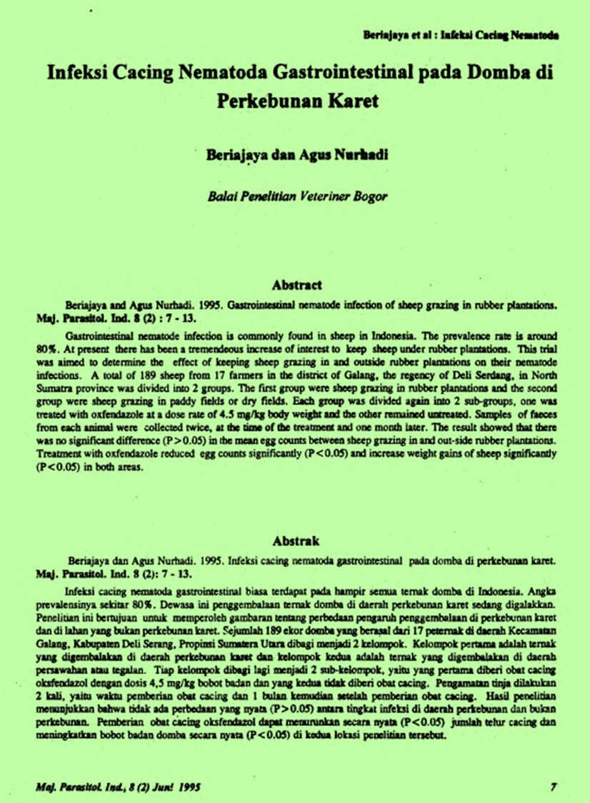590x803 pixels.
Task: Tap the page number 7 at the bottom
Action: [x=554, y=787]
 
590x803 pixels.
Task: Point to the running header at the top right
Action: [x=461, y=34]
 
